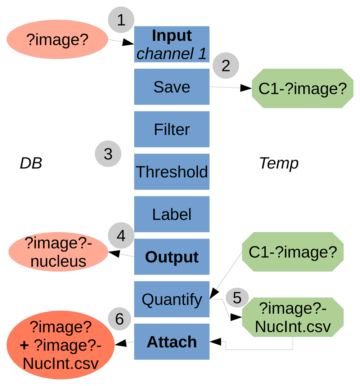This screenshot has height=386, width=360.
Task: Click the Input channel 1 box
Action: pyautogui.click(x=172, y=44)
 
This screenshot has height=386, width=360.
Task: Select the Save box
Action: pyautogui.click(x=172, y=87)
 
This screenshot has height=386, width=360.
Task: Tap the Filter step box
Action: pyautogui.click(x=172, y=129)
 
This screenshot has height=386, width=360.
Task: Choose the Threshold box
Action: pyautogui.click(x=172, y=172)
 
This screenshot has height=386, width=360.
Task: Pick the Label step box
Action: pyautogui.click(x=172, y=214)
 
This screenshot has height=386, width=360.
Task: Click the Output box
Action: pyautogui.click(x=172, y=257)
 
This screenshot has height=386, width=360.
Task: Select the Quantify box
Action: pyautogui.click(x=172, y=299)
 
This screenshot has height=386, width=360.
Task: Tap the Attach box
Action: pyautogui.click(x=172, y=342)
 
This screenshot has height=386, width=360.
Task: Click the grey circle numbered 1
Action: pyautogui.click(x=121, y=20)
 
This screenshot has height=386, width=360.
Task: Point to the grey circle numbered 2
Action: pyautogui.click(x=226, y=65)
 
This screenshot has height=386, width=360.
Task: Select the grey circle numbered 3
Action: pyautogui.click(x=108, y=154)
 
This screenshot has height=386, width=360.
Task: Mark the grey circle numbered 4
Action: pyautogui.click(x=121, y=236)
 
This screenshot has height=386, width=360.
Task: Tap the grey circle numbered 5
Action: pyautogui.click(x=237, y=298)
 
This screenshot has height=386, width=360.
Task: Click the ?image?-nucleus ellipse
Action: pyautogui.click(x=58, y=252)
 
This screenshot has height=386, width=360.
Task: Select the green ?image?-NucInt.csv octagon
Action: pyautogui.click(x=293, y=317)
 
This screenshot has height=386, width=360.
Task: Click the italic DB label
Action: pyautogui.click(x=31, y=164)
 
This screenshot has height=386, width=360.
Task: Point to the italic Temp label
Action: pyautogui.click(x=279, y=164)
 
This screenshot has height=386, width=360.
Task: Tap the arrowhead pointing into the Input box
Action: pyautogui.click(x=128, y=43)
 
